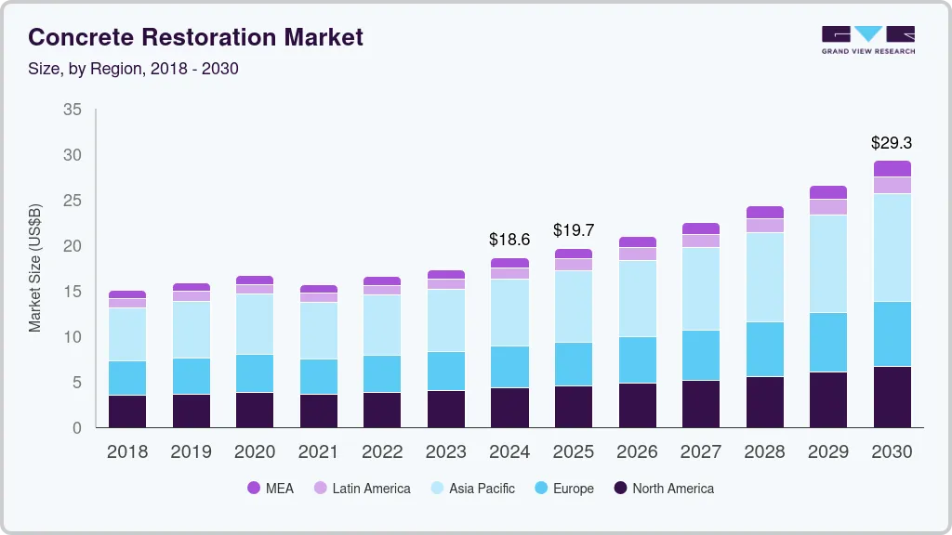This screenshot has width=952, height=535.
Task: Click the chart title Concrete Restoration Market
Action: tap(195, 37)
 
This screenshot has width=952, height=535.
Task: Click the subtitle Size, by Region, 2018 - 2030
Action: tap(134, 69)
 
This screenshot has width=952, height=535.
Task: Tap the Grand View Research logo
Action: tap(867, 39)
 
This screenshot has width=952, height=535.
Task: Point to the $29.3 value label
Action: tap(891, 143)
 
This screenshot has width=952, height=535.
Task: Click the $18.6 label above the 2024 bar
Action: tap(509, 240)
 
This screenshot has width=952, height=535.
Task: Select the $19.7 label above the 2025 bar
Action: tap(573, 229)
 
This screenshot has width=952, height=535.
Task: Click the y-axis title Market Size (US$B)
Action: tap(35, 267)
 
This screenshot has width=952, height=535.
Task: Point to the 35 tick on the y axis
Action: tap(73, 110)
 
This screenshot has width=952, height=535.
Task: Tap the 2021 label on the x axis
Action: tap(318, 451)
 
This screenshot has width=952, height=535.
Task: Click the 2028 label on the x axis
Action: tap(764, 451)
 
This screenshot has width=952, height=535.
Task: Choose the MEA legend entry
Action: tap(270, 488)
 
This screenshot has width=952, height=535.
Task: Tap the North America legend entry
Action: tap(662, 488)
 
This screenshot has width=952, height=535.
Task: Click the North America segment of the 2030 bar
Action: tap(892, 397)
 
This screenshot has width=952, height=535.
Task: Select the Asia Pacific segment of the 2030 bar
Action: tap(892, 247)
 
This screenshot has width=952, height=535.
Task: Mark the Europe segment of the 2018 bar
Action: tap(127, 378)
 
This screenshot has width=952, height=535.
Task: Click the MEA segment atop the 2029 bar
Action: tap(828, 192)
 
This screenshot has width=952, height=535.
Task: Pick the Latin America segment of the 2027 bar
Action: tap(701, 241)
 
